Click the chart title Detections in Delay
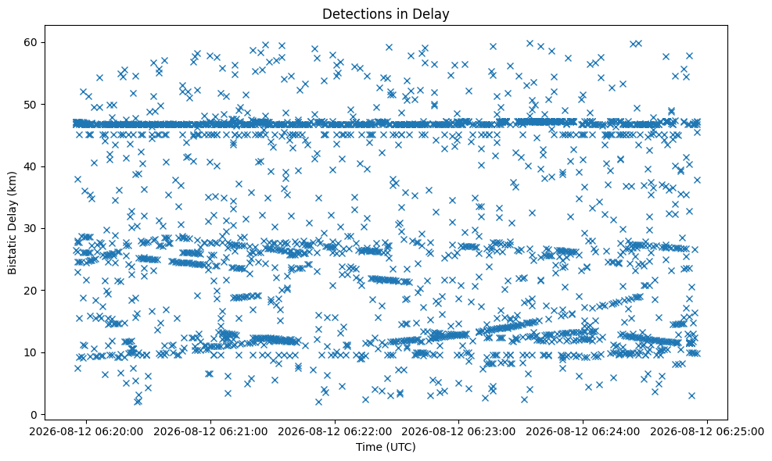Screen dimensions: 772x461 point(386,14)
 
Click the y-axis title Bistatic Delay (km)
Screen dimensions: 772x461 point(12,223)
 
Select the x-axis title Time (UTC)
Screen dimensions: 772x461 point(386,447)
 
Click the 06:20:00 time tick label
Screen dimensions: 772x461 point(86,432)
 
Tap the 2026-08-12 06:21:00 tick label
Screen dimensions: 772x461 point(210,432)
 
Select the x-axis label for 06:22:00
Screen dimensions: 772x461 point(335,432)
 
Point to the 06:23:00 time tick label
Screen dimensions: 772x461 point(459,432)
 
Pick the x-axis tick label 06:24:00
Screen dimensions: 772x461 point(583,432)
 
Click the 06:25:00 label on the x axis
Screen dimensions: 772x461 point(708,432)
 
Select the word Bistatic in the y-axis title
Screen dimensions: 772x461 point(12,255)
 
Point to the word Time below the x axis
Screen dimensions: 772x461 point(368,447)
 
